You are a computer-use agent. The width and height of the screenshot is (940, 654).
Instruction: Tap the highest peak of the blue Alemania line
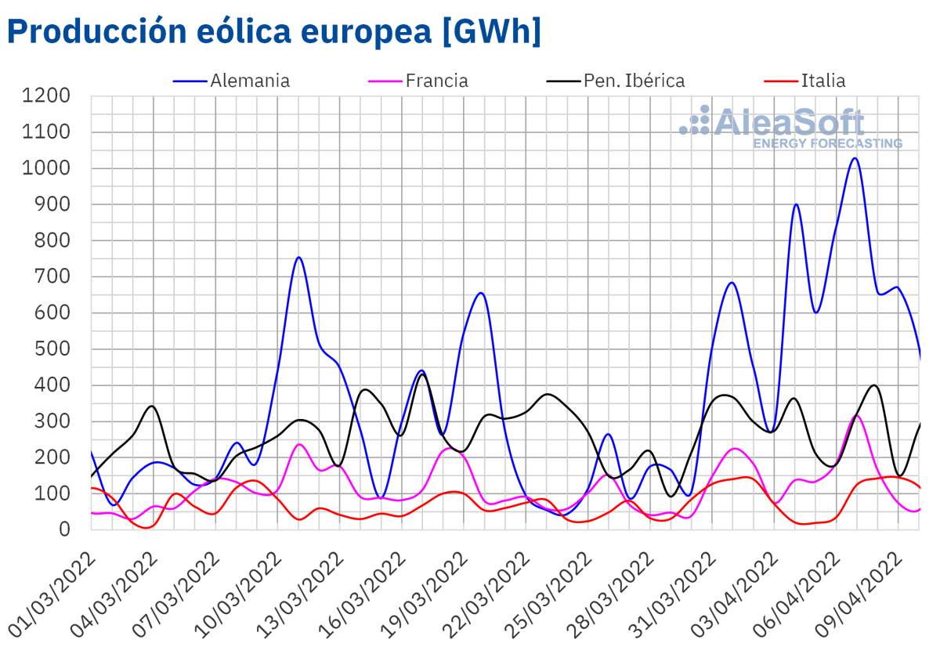[x=855, y=158]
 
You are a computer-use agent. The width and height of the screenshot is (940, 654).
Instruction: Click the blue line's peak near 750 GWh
[x=298, y=257]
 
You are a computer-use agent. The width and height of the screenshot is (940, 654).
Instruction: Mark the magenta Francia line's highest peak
[x=856, y=416]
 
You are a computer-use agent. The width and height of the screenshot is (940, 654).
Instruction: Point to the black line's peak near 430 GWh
[x=423, y=374]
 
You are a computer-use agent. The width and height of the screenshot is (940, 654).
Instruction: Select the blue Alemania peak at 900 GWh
[x=796, y=204]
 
